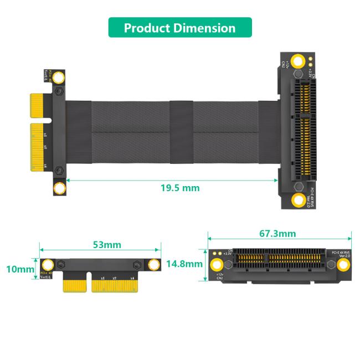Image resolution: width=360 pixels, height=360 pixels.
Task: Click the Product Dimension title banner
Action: [179, 28]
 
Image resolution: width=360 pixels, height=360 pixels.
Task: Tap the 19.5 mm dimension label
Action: [179, 188]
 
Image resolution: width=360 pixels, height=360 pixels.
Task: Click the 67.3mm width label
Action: [277, 233]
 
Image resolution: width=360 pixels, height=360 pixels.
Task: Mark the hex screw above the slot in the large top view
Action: [299, 74]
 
